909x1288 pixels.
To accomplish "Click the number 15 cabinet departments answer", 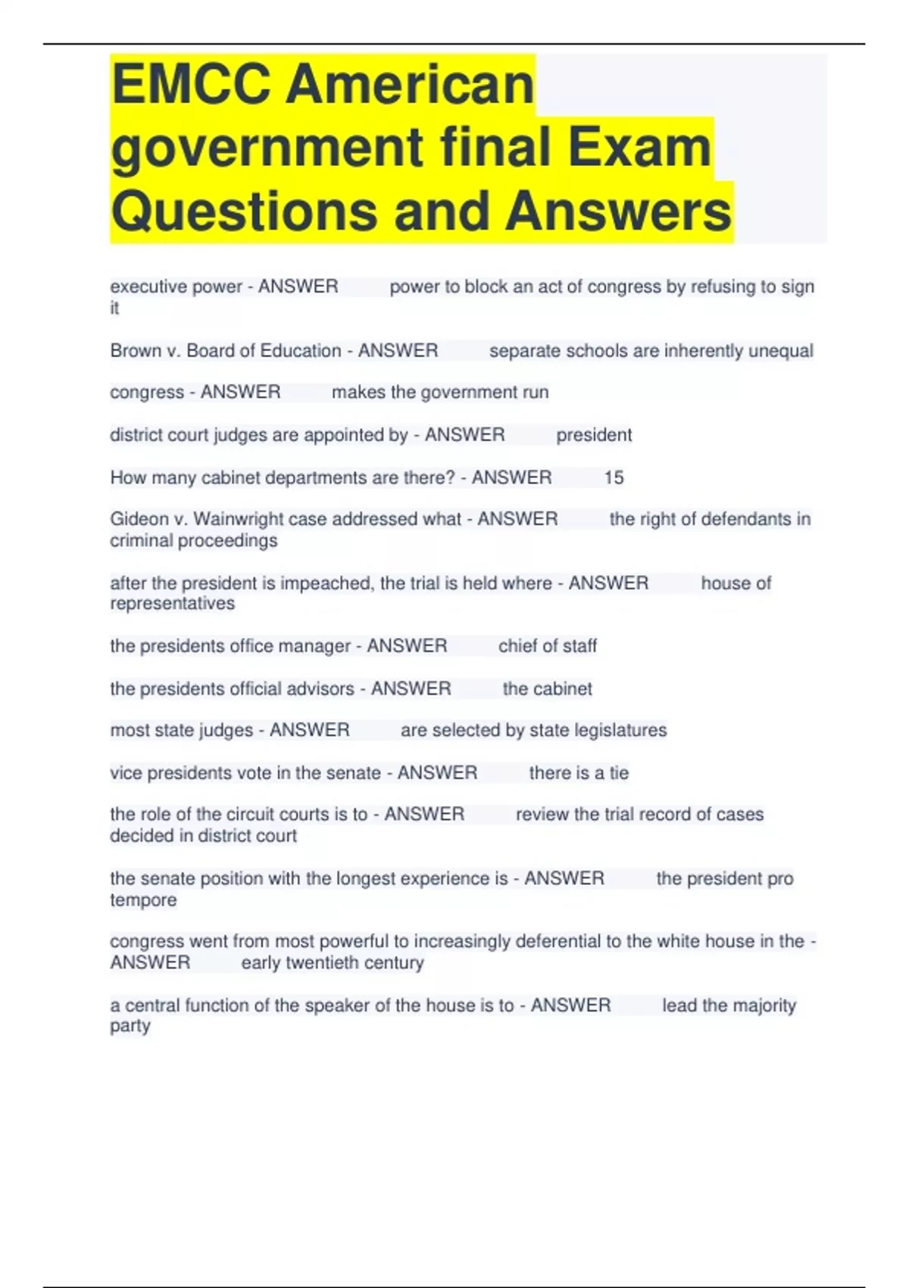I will (614, 477).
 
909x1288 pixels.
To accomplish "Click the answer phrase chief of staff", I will (547, 646).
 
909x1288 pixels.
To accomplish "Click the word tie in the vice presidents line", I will (619, 773).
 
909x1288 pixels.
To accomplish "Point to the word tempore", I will (143, 900).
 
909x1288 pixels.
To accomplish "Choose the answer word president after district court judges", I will (594, 435).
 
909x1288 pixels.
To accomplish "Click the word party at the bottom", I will (130, 1027).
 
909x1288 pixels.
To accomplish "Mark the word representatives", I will (173, 604).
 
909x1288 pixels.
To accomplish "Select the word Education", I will (300, 351).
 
